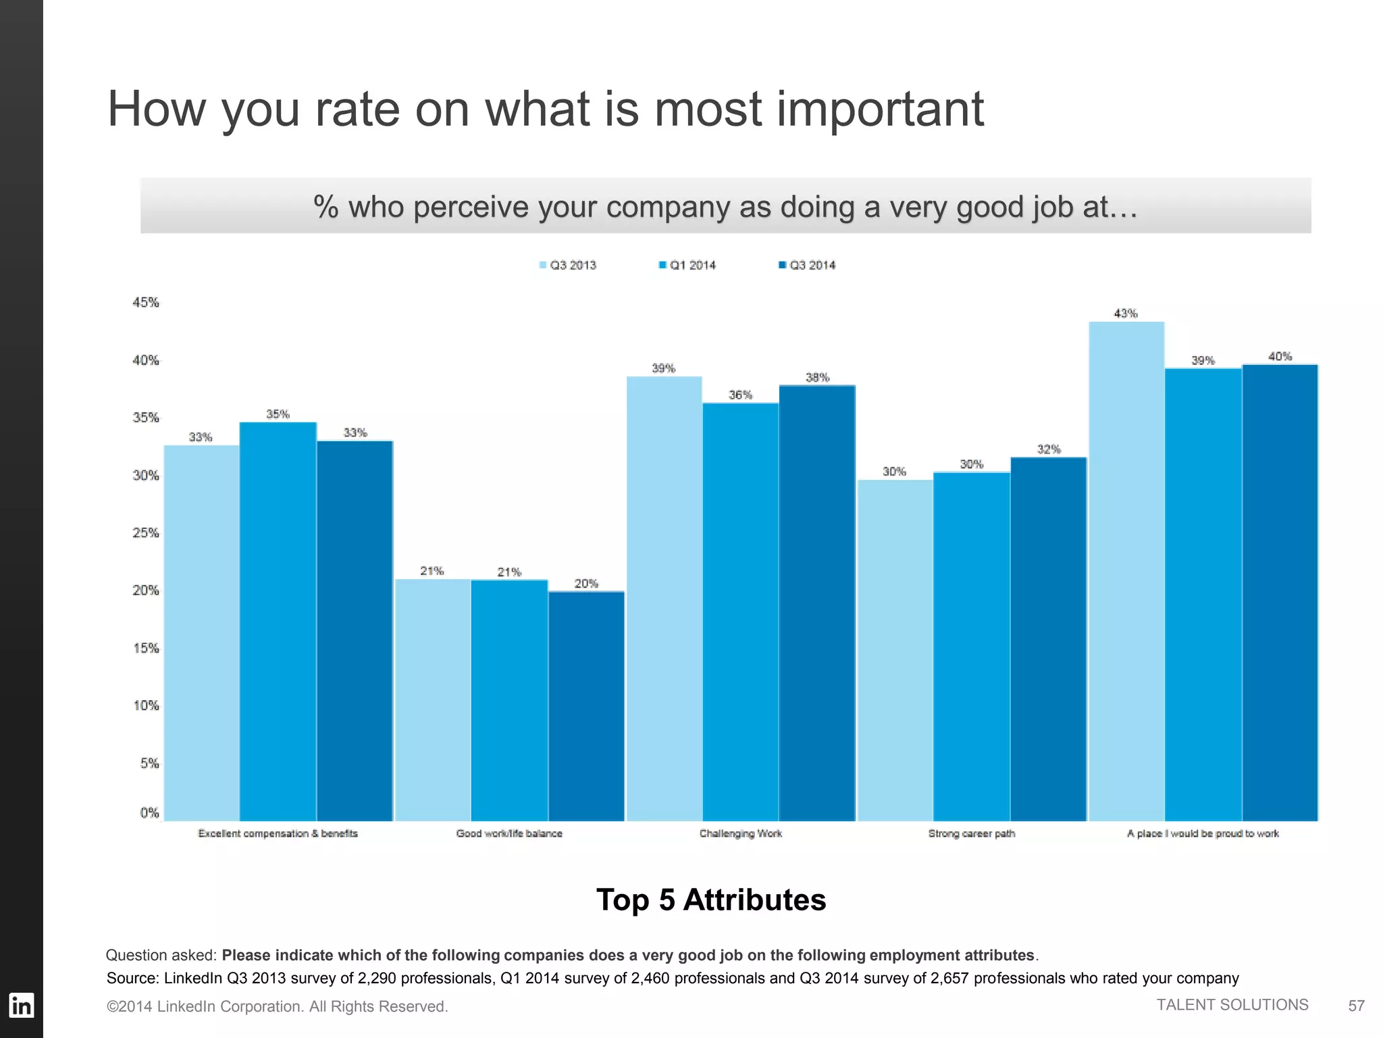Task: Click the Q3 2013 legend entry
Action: [x=567, y=265]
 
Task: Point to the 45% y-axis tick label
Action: [x=145, y=303]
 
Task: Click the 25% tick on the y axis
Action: [x=145, y=533]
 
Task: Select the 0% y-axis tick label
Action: [x=149, y=813]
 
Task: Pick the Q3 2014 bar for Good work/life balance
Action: [x=586, y=706]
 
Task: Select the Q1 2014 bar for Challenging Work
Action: [x=740, y=612]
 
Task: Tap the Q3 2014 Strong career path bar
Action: [x=1048, y=639]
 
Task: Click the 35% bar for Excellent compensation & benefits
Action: [x=278, y=622]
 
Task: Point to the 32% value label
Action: [x=1049, y=449]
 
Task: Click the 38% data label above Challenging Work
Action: [x=817, y=378]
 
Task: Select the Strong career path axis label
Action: [x=971, y=834]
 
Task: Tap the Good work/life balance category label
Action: [x=509, y=834]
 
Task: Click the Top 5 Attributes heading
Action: [x=710, y=900]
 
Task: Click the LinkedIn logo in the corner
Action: [x=21, y=1006]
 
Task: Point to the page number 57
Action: [x=1356, y=1006]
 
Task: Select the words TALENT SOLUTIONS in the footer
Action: [x=1232, y=1005]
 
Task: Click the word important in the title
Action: [x=880, y=109]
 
